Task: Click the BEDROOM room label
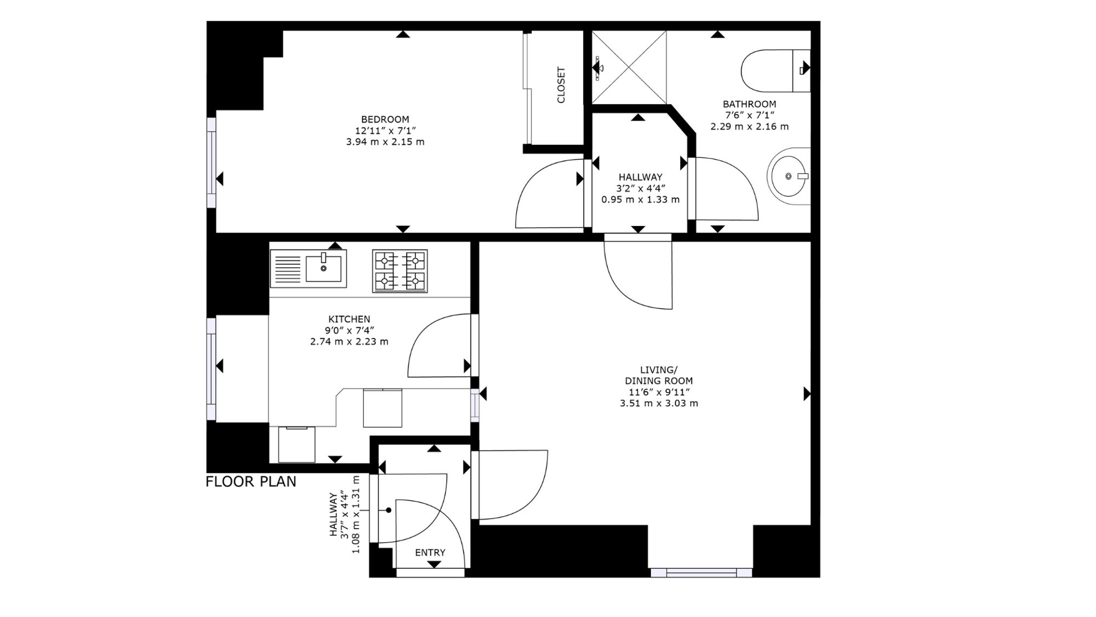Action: coord(385,119)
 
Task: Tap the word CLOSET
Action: coord(561,85)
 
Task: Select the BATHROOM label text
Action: coord(749,104)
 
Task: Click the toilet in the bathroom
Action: coord(775,71)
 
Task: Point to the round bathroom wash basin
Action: coord(788,176)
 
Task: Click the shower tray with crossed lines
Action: coord(629,67)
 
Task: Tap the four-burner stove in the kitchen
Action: coord(400,271)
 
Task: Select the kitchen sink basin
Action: coord(323,268)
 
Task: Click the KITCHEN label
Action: coord(349,319)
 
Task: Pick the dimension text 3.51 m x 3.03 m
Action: coord(659,403)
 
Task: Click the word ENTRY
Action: coord(430,552)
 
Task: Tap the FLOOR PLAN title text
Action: coord(251,482)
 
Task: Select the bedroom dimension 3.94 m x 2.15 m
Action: coord(385,141)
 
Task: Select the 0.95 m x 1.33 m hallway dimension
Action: coord(640,200)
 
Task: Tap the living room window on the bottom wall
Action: coord(701,573)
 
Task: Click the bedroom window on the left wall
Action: coord(211,162)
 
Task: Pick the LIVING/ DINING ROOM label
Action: coord(659,375)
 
